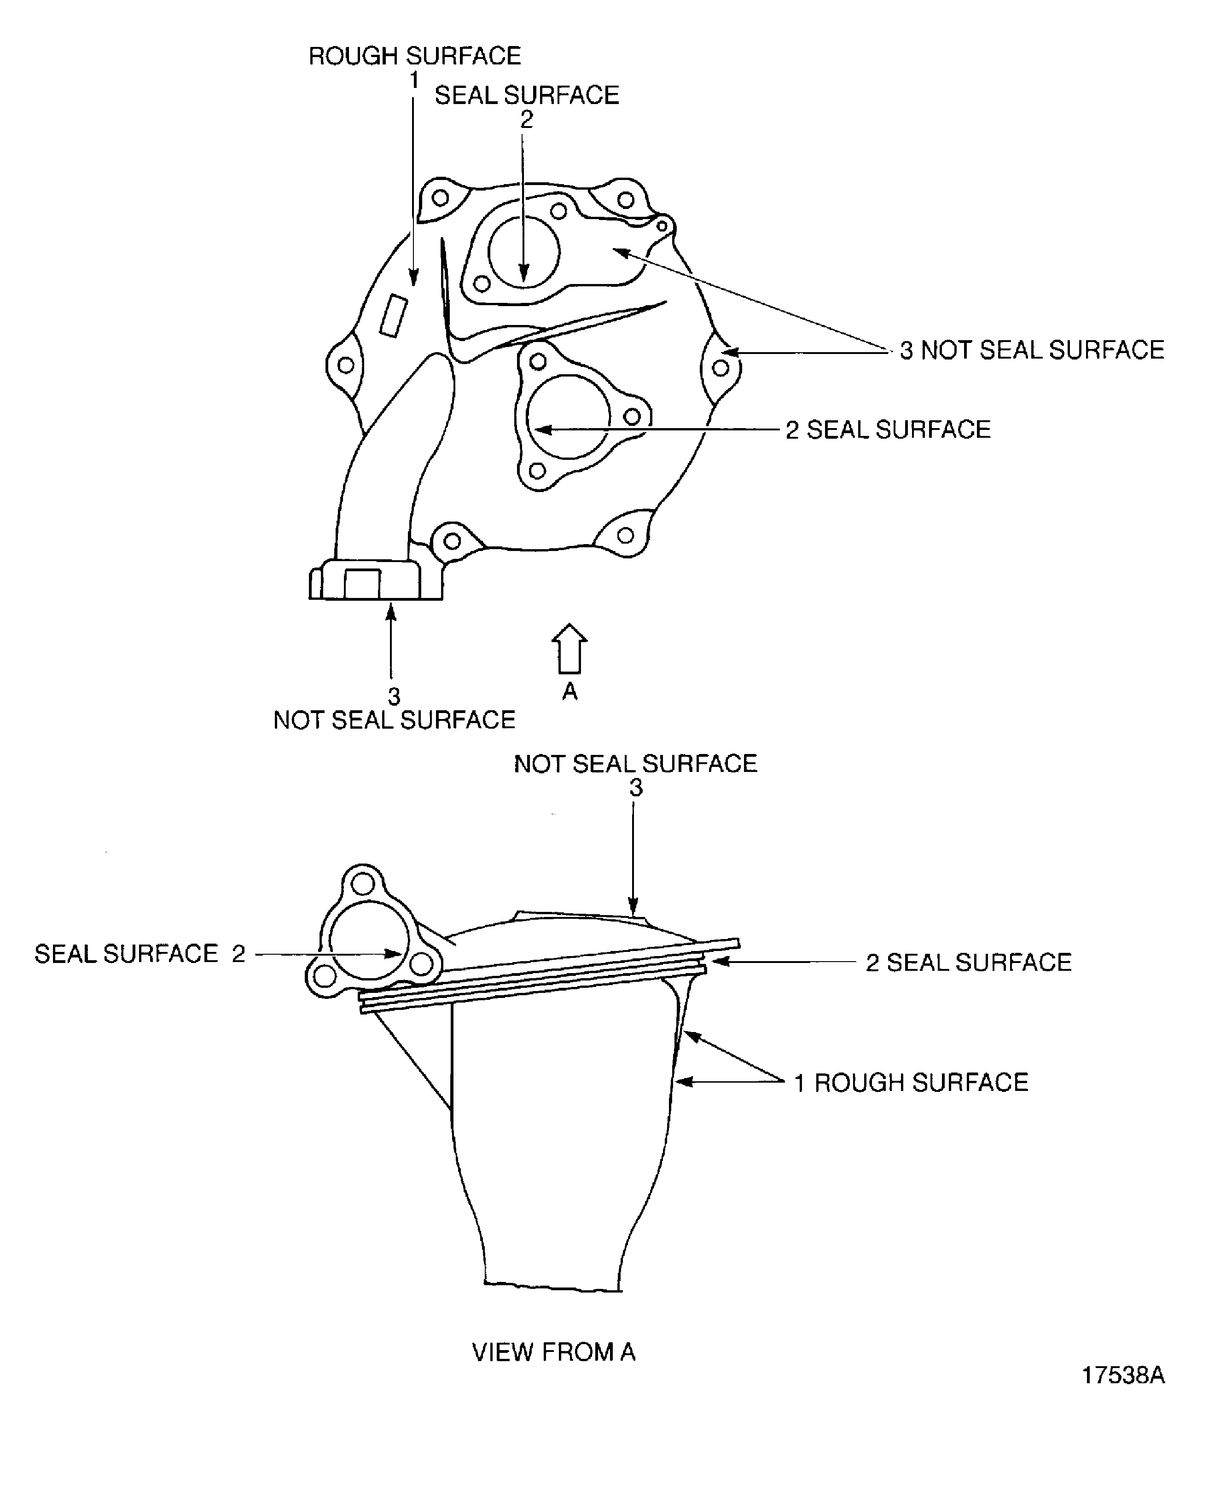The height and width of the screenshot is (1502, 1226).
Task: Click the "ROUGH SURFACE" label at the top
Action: pos(414,56)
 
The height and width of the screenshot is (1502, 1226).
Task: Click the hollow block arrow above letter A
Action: pos(569,648)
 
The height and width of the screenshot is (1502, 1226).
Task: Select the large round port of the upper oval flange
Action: pos(523,251)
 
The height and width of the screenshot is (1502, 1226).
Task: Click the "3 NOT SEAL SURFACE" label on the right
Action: pos(1032,350)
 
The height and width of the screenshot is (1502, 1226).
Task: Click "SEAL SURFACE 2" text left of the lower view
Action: pos(140,954)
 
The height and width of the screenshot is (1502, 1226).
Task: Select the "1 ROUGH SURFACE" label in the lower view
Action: pos(911,1083)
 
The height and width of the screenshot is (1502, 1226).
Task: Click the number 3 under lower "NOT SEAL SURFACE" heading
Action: pos(636,788)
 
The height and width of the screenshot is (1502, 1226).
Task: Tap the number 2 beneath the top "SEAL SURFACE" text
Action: pos(526,120)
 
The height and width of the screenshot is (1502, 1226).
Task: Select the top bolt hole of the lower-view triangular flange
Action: pos(363,883)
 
